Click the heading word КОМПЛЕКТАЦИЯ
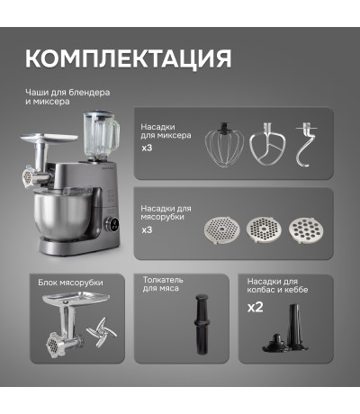tap(129, 58)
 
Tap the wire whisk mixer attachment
tap(224, 145)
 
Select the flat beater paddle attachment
tap(267, 145)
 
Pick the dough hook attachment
tap(306, 145)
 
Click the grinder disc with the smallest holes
tap(222, 229)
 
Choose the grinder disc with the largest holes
tap(306, 230)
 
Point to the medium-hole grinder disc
tap(265, 229)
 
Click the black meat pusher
tap(201, 324)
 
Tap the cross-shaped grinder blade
tap(102, 332)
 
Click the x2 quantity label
tap(256, 307)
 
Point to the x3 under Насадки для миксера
tap(147, 148)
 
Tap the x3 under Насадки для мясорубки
tap(147, 229)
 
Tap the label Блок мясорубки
tap(70, 283)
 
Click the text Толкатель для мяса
tap(163, 284)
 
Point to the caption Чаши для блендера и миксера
tap(67, 96)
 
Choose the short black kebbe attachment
tap(275, 343)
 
